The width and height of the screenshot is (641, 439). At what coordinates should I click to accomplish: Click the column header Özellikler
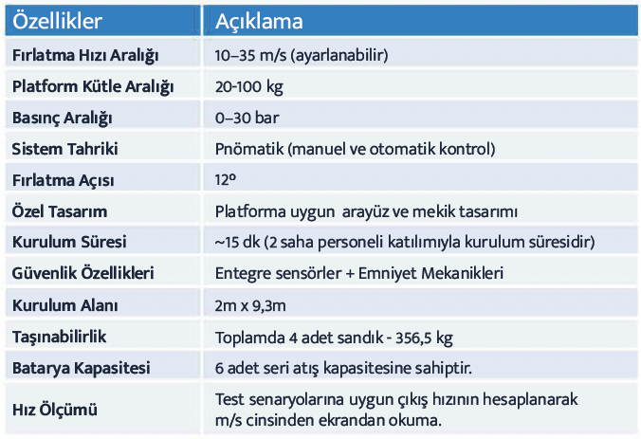[x=57, y=21]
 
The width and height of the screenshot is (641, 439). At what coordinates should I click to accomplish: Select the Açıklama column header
[x=259, y=21]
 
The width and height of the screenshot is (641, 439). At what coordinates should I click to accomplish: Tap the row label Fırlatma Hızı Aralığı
[x=85, y=56]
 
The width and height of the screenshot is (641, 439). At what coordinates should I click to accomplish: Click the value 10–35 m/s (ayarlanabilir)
[x=302, y=55]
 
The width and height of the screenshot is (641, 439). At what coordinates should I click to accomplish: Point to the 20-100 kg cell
[x=249, y=86]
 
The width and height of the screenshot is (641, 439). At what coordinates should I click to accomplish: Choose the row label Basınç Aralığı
[x=63, y=119]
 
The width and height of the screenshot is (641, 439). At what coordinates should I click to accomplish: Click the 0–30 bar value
[x=247, y=118]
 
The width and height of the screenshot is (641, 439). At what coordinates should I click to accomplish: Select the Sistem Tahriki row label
[x=65, y=149]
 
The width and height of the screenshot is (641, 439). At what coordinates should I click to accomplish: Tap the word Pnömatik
[x=249, y=149]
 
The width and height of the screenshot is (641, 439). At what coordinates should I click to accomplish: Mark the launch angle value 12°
[x=226, y=179]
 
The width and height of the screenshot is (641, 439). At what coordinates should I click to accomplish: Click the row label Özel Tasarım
[x=60, y=211]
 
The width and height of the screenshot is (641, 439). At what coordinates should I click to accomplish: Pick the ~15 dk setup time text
[x=237, y=242]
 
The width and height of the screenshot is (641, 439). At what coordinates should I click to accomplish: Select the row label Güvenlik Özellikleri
[x=83, y=273]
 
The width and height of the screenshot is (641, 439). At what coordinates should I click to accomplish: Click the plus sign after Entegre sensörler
[x=350, y=274]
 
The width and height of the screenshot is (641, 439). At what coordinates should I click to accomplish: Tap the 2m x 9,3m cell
[x=250, y=305]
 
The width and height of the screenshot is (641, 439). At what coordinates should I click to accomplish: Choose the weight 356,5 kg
[x=424, y=338]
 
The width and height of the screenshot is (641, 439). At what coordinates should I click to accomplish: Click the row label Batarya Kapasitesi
[x=82, y=368]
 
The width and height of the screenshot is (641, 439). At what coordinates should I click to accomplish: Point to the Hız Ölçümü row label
[x=55, y=410]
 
